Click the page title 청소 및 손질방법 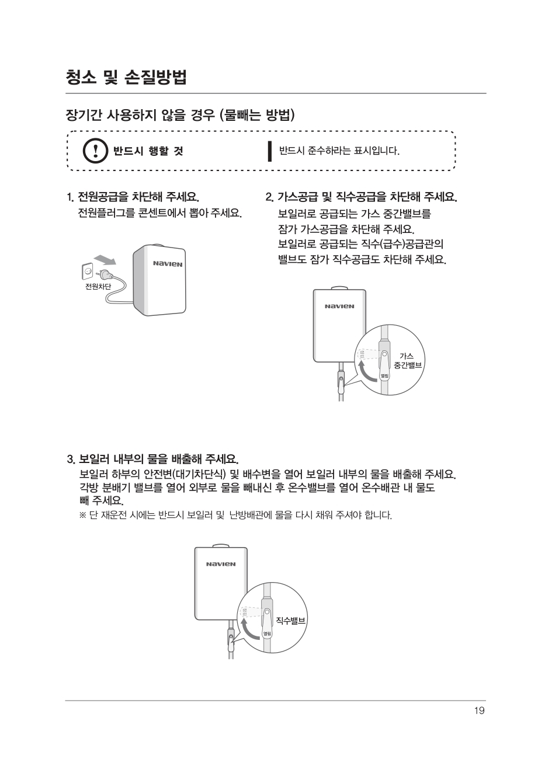click(126, 76)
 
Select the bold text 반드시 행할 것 click(148, 151)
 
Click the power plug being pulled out click(106, 274)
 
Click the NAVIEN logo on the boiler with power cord click(168, 264)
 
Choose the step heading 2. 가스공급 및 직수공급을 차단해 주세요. click(360, 196)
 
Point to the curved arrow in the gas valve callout click(365, 369)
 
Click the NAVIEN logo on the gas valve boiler click(339, 306)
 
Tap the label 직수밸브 click(290, 620)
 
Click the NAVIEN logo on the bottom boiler click(221, 564)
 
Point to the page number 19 click(479, 711)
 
